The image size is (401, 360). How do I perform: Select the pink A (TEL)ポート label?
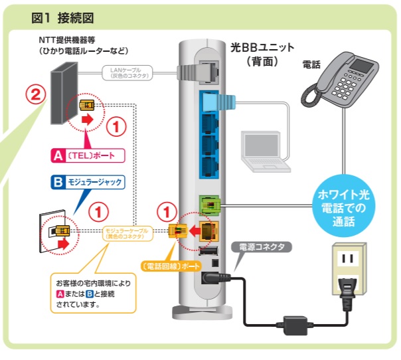coord(87,156)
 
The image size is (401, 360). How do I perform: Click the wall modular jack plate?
coord(52,232)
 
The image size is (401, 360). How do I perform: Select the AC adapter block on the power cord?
coord(291,325)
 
